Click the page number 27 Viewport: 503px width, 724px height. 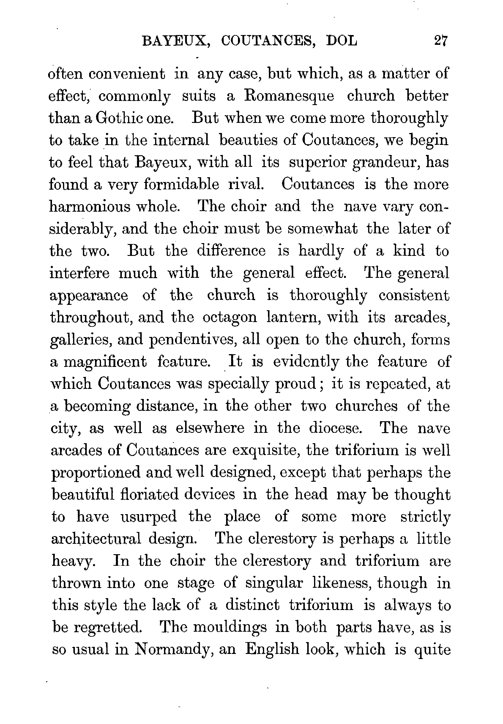440,41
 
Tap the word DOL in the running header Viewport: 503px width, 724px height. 342,41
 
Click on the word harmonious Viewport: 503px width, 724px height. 90,207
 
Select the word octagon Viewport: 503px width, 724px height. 229,317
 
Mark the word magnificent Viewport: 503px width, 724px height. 105,362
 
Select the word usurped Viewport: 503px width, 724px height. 149,517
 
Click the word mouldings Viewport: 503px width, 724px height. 230,627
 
